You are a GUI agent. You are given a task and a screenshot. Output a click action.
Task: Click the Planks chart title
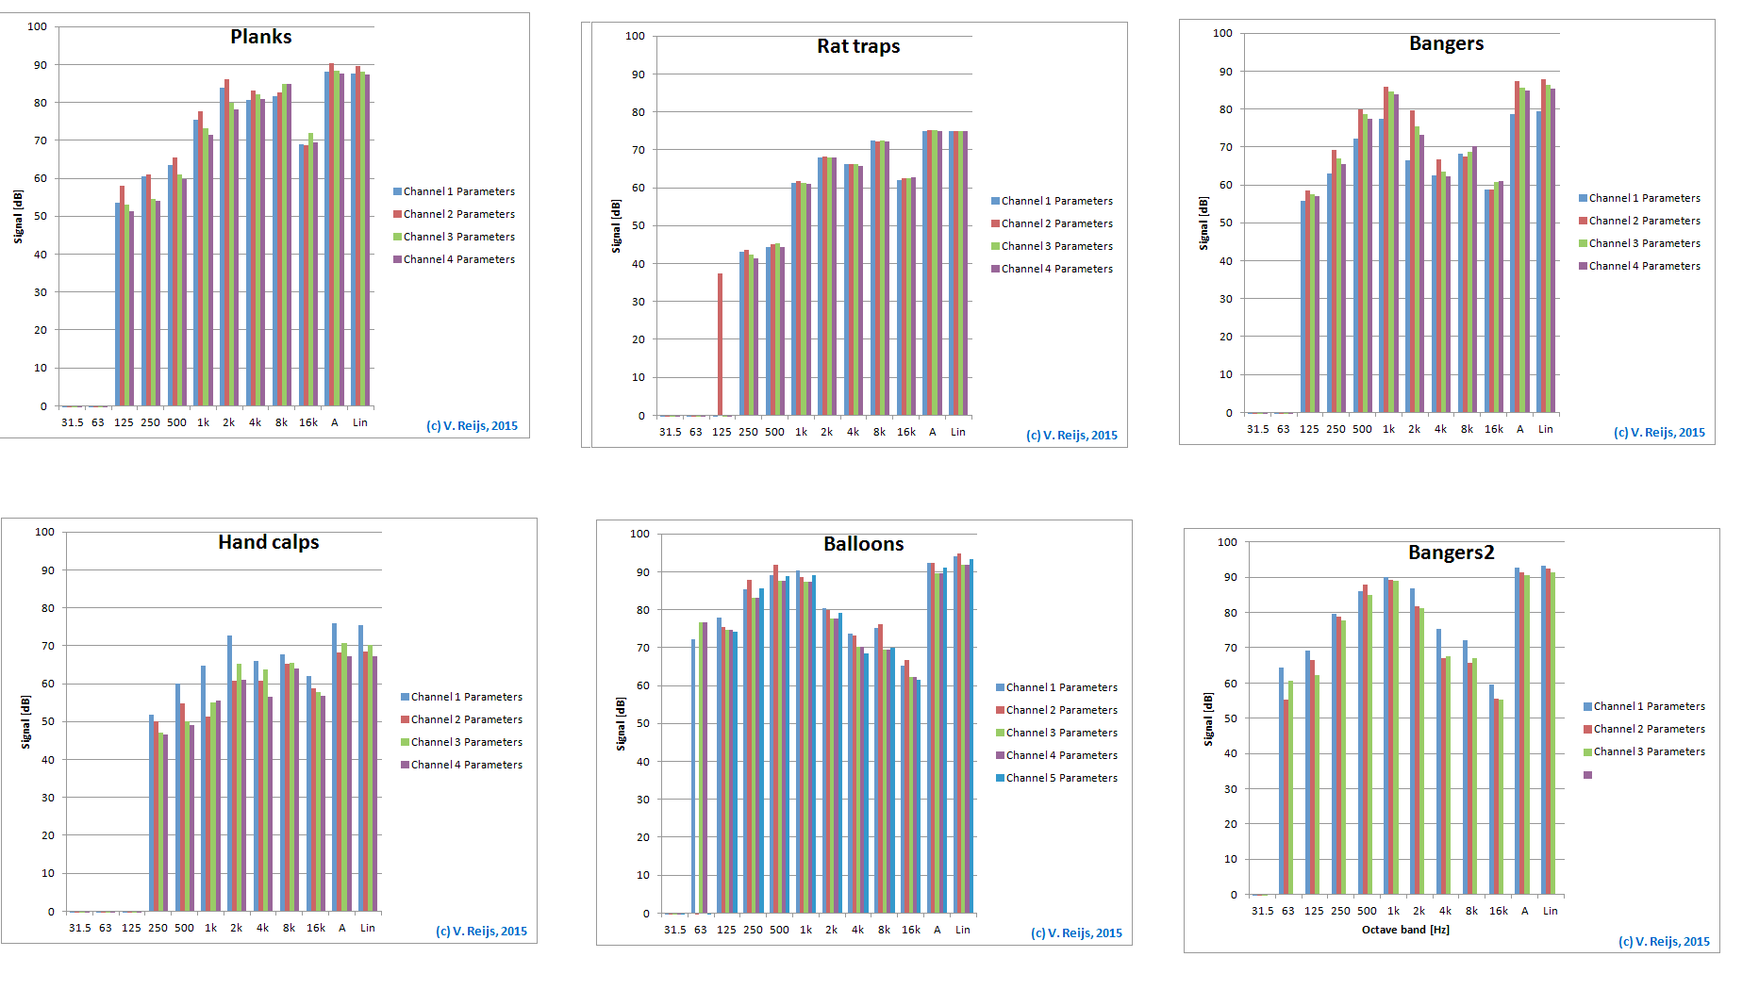click(260, 37)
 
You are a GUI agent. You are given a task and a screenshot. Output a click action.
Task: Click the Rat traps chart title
click(857, 46)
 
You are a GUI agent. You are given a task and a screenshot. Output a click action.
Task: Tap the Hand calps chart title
click(268, 542)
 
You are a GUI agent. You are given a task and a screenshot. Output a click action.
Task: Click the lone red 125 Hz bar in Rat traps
click(720, 344)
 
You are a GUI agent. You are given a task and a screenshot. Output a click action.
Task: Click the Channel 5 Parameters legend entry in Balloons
click(1061, 778)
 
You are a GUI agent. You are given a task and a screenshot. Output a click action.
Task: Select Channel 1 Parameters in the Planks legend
click(458, 191)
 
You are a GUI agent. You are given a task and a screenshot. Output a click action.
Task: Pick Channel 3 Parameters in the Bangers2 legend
click(1649, 751)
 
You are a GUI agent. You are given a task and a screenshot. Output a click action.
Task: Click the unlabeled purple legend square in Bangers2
click(1587, 775)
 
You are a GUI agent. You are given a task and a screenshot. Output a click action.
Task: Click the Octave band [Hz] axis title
click(1404, 930)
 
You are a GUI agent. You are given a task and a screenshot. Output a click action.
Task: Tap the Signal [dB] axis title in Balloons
click(621, 723)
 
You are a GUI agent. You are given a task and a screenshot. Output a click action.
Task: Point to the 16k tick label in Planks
click(308, 422)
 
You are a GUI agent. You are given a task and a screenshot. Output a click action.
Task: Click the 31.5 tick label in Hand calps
click(79, 928)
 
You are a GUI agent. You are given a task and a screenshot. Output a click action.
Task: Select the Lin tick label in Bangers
click(1545, 429)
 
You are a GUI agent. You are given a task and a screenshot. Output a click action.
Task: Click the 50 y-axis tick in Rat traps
click(639, 225)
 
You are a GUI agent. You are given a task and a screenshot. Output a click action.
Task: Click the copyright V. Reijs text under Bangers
click(1658, 433)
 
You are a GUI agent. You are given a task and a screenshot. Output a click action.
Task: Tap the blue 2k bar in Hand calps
click(229, 773)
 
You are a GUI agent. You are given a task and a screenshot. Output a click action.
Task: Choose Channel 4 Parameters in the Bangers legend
click(1644, 266)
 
